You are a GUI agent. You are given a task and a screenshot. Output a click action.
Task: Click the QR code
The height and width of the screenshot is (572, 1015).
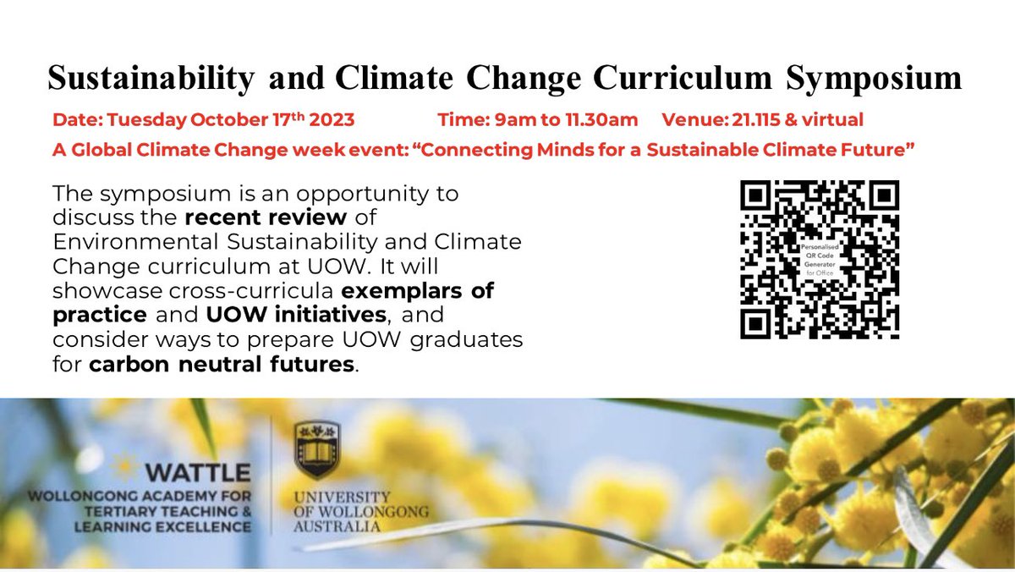(819, 260)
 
